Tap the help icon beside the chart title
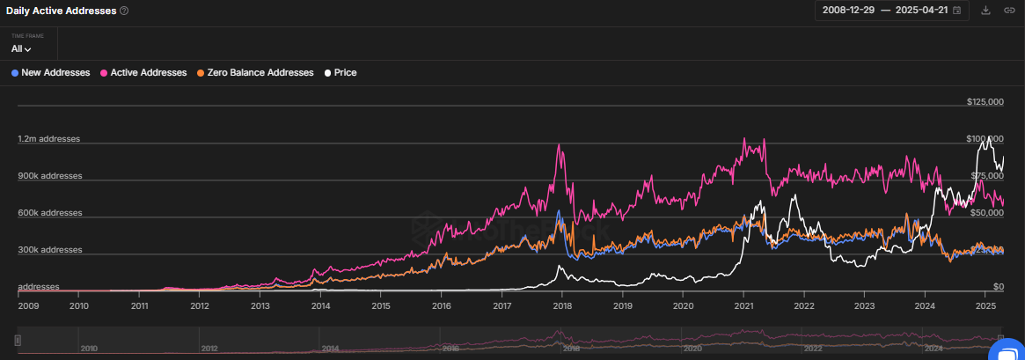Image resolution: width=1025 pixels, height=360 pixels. pos(124,11)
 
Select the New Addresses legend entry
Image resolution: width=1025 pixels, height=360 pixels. pos(51,72)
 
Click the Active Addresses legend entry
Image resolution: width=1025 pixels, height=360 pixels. pos(144,72)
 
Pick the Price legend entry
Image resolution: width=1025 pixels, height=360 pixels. pos(340,72)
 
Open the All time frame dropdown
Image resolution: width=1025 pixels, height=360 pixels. pos(22,49)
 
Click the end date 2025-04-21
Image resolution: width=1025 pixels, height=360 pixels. pos(922,11)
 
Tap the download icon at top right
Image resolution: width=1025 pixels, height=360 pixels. pos(985,11)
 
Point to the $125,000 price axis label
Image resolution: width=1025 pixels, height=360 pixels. pos(985,102)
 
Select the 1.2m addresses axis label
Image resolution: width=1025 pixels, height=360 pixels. pos(49,139)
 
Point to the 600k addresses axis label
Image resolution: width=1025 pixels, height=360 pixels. pos(49,213)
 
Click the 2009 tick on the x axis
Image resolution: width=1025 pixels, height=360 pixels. pos(29,306)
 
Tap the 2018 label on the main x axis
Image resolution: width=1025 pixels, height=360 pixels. pos(562,306)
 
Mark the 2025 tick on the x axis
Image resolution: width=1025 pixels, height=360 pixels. pos(985,306)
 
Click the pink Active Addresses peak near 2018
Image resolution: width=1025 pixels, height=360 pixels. pos(559,144)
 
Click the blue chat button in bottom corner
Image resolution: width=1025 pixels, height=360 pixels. pos(1007,350)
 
